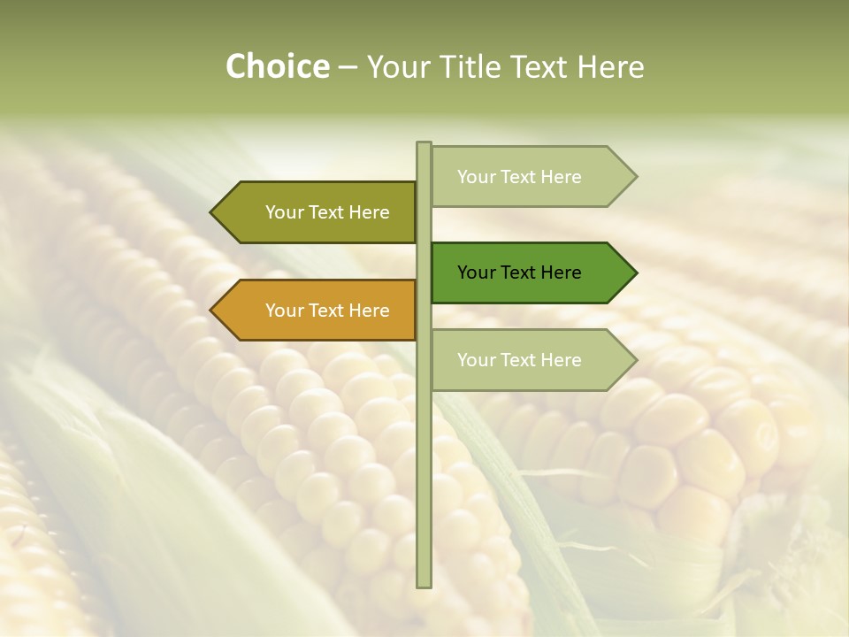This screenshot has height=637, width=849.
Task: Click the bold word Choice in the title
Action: click(277, 66)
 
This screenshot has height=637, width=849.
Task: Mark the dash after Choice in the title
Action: click(348, 67)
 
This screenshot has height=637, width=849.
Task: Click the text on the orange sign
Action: click(327, 311)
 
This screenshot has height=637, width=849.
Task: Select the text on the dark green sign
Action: click(519, 272)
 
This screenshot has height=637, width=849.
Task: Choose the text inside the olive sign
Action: click(327, 212)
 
